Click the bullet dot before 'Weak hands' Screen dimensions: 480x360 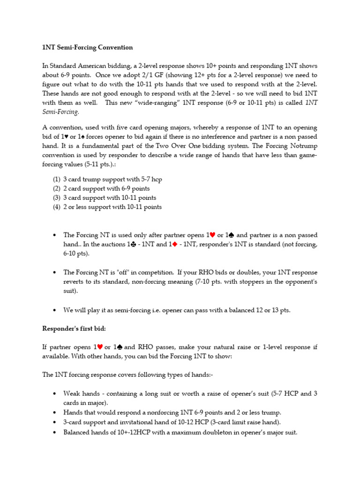pyautogui.click(x=56, y=394)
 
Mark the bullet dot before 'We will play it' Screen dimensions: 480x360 pyautogui.click(x=56, y=310)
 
